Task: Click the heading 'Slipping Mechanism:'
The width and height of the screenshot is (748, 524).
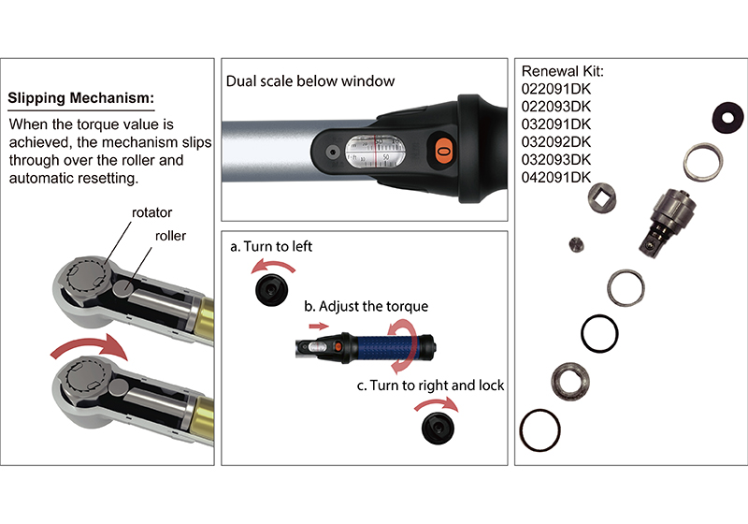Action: tap(80, 98)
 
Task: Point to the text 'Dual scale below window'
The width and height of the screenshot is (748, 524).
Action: tap(310, 81)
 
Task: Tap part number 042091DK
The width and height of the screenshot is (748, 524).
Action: tap(556, 176)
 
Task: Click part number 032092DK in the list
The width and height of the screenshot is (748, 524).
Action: tap(556, 141)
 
